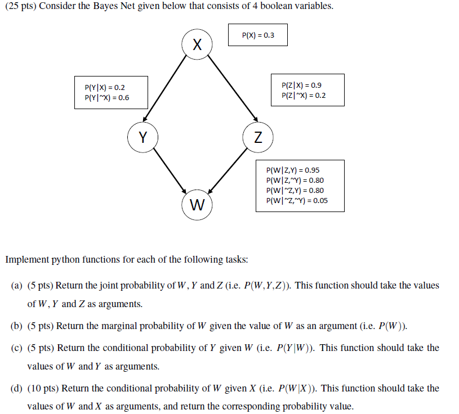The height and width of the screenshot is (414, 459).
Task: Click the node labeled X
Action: (197, 44)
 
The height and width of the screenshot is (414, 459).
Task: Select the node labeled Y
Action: (143, 137)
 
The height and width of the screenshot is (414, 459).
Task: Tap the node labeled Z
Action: (258, 137)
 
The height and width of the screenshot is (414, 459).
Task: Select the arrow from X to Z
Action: (231, 87)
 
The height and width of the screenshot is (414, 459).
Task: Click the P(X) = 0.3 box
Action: (258, 35)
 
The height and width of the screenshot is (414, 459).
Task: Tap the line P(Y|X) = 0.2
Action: (105, 88)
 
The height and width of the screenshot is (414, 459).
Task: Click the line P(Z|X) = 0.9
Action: (301, 85)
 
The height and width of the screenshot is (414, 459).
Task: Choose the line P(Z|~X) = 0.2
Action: (303, 95)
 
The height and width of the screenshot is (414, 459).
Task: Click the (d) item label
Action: (17, 388)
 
